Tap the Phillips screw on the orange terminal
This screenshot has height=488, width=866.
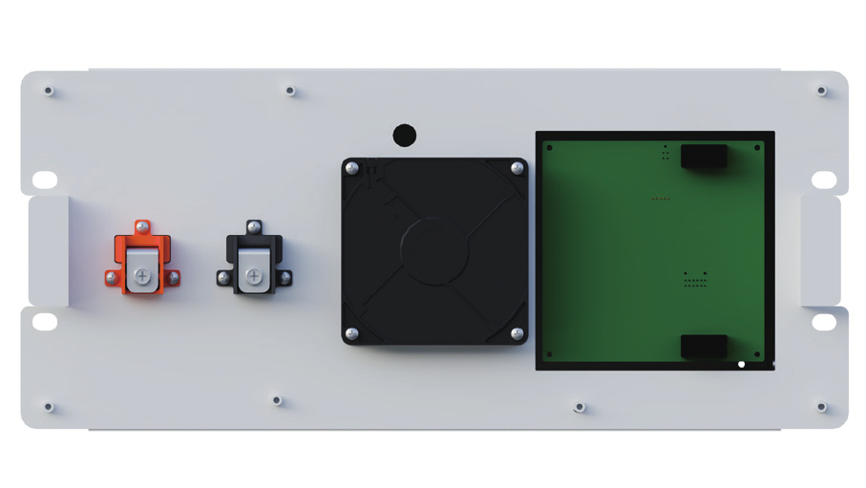pyautogui.click(x=142, y=276)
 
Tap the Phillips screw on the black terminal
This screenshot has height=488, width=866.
pyautogui.click(x=253, y=276)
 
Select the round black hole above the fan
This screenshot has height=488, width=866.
pyautogui.click(x=405, y=135)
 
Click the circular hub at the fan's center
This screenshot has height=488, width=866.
pyautogui.click(x=434, y=250)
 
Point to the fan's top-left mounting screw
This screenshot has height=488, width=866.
pyautogui.click(x=352, y=169)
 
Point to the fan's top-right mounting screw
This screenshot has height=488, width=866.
pyautogui.click(x=517, y=169)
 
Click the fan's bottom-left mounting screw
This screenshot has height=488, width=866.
pyautogui.click(x=352, y=333)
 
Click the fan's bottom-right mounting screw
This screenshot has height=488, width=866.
pyautogui.click(x=517, y=333)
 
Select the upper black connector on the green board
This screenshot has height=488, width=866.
pyautogui.click(x=704, y=157)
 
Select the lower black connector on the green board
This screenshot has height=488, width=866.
pyautogui.click(x=704, y=347)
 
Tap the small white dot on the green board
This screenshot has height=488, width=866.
pyautogui.click(x=742, y=364)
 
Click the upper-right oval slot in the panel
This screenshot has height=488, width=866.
pyautogui.click(x=824, y=180)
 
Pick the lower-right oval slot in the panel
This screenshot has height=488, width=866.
pyautogui.click(x=824, y=321)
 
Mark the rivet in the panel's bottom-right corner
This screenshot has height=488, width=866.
pyautogui.click(x=821, y=407)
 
